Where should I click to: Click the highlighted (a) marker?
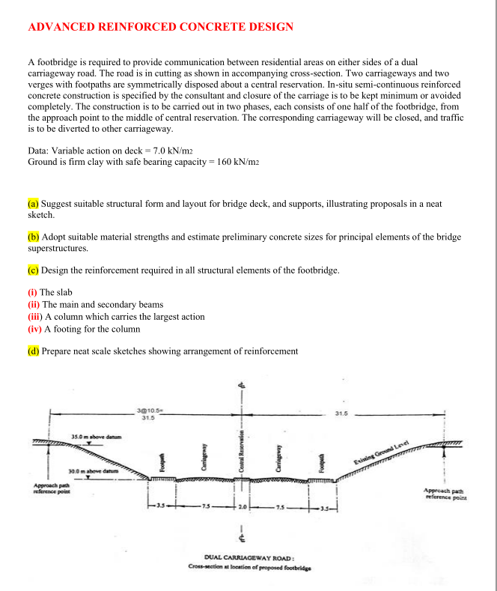pyautogui.click(x=33, y=204)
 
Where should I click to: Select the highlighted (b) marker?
pyautogui.click(x=33, y=237)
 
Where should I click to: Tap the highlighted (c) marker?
pyautogui.click(x=33, y=270)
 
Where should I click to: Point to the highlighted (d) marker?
pyautogui.click(x=33, y=351)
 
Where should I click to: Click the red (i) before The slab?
pyautogui.click(x=32, y=291)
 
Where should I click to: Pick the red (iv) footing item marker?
pyautogui.click(x=35, y=328)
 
